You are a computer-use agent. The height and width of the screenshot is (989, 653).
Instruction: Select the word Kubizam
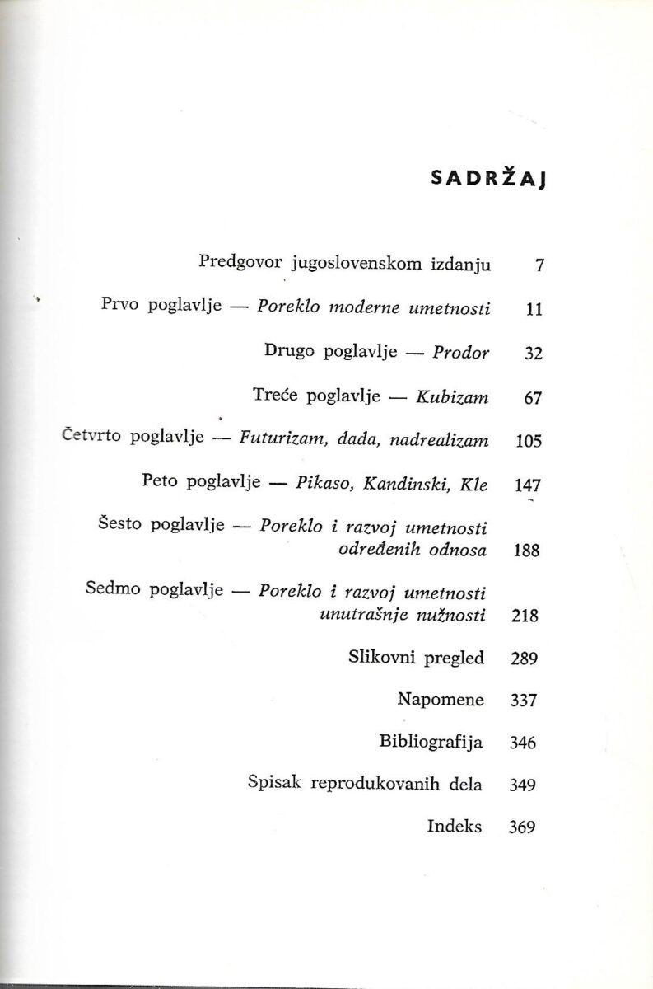pyautogui.click(x=457, y=398)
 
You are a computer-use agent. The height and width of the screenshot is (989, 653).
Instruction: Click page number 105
pyautogui.click(x=526, y=442)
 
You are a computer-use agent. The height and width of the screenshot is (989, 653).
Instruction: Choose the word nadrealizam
pyautogui.click(x=444, y=441)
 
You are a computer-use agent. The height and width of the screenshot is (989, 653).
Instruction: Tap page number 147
pyautogui.click(x=526, y=486)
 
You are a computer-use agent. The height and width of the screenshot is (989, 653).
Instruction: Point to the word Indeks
pyautogui.click(x=455, y=827)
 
